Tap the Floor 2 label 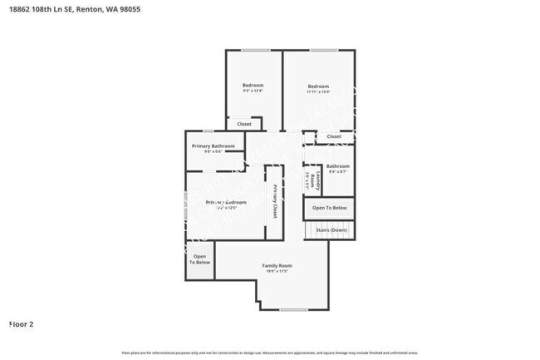point(21,324)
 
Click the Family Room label point(277,265)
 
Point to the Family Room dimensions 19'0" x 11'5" point(277,272)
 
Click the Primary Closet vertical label point(275,200)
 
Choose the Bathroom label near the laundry point(337,165)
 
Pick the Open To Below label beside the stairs point(330,207)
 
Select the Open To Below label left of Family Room point(199,259)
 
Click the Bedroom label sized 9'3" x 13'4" point(253,86)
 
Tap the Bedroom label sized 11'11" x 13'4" point(318,86)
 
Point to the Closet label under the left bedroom point(244,124)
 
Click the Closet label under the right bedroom point(333,136)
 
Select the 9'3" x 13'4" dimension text point(253,92)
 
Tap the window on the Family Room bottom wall point(293,310)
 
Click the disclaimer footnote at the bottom point(270,353)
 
